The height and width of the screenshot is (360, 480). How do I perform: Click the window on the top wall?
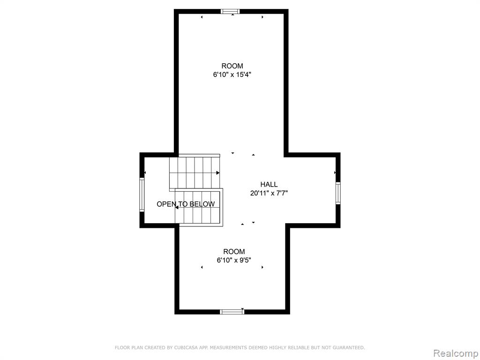(x=230, y=12)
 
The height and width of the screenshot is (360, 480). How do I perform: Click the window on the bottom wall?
(x=232, y=312)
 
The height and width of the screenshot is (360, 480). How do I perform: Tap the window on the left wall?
(x=142, y=195)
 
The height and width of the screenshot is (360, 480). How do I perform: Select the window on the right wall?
(x=338, y=193)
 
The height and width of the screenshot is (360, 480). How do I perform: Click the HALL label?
(x=269, y=184)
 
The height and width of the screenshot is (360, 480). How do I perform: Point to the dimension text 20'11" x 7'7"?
(x=269, y=193)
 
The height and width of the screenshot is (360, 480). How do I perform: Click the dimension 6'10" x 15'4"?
(x=232, y=75)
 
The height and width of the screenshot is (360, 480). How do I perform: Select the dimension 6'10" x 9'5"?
(x=234, y=260)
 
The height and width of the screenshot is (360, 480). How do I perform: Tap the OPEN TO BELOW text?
(x=186, y=204)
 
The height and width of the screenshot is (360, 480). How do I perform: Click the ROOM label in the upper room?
(x=232, y=66)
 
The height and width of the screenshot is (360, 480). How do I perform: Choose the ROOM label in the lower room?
(x=234, y=252)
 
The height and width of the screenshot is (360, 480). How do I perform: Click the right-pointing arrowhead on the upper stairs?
(x=218, y=173)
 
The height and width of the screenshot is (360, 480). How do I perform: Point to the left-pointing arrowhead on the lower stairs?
(x=177, y=207)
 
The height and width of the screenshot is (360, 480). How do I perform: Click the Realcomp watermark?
(x=456, y=353)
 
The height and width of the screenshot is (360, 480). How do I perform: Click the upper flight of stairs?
(x=195, y=173)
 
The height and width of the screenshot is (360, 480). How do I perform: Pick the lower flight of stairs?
(x=199, y=207)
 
